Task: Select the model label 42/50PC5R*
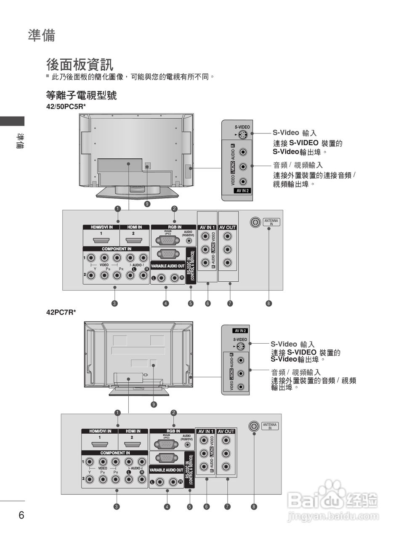point(66,107)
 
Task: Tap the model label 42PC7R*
point(61,312)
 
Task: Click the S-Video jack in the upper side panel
point(242,135)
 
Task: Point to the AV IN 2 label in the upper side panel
point(243,190)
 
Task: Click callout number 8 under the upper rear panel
point(269,303)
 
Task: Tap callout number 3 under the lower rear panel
point(116,507)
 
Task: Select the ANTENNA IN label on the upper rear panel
point(271,222)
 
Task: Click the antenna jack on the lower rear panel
point(253,426)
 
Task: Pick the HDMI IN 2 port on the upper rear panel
point(133,241)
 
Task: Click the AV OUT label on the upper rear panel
point(228,227)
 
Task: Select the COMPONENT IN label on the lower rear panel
point(115,453)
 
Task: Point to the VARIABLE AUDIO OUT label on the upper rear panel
point(167,266)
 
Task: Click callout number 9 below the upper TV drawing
point(147,204)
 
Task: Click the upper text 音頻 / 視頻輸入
point(298,165)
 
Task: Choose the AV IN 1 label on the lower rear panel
point(206,431)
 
